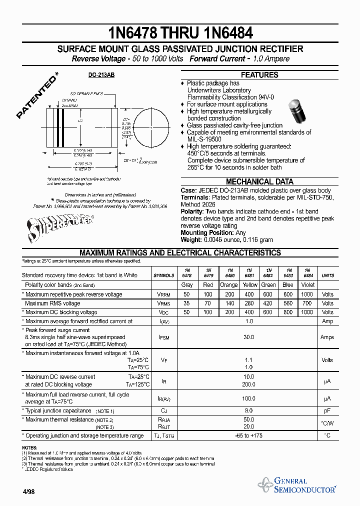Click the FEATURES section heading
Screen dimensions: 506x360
pos(259,75)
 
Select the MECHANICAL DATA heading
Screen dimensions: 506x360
pos(259,182)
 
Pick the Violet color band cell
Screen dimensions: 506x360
pos(307,285)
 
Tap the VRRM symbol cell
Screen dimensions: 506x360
pos(164,294)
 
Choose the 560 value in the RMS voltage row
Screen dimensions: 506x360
pos(287,303)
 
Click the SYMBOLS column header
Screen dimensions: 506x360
pos(164,275)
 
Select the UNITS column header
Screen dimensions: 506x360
pos(327,275)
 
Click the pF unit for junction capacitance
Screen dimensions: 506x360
pos(327,410)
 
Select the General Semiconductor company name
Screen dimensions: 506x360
pos(304,485)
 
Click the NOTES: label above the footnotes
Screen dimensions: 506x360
pos(29,447)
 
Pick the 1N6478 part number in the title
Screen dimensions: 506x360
pos(133,33)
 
